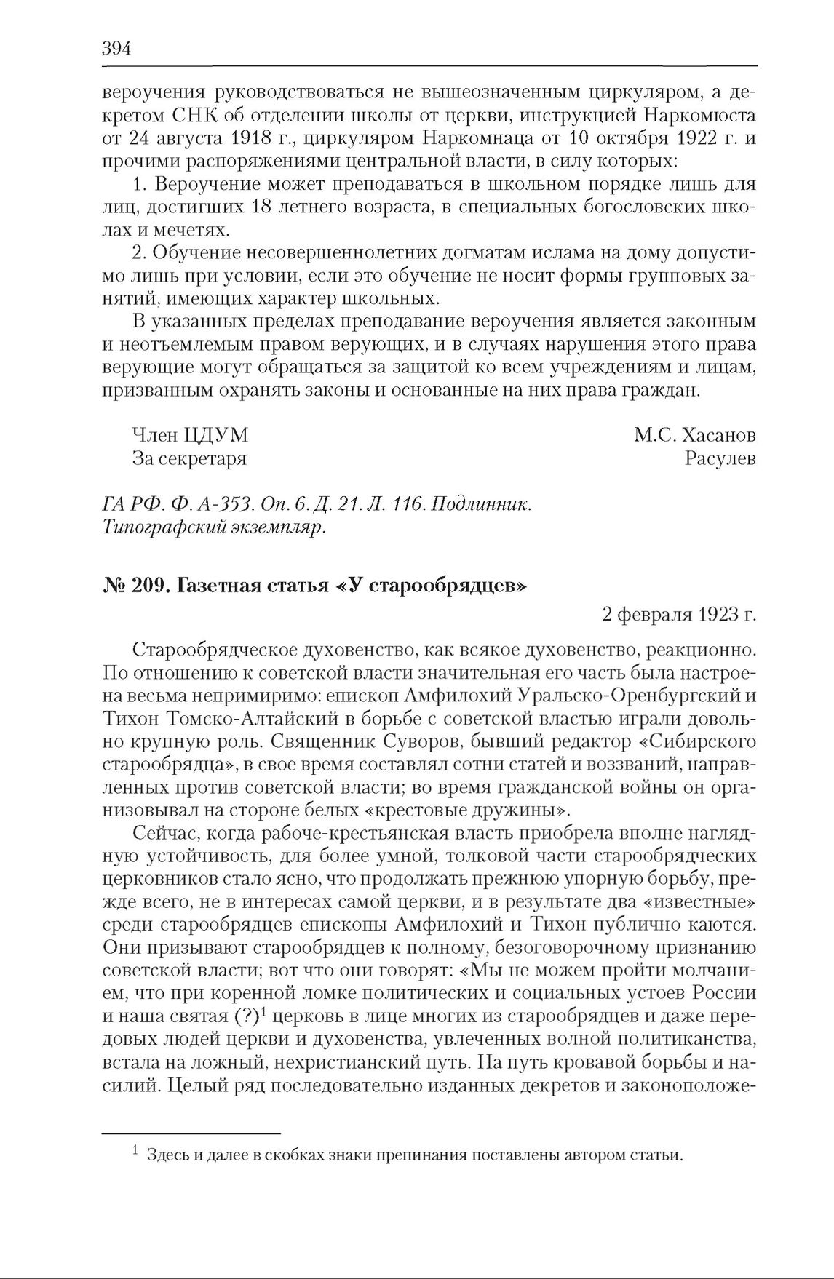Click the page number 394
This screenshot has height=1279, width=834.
(x=116, y=49)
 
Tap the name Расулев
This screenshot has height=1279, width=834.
(x=720, y=458)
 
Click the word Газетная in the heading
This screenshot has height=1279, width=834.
(x=220, y=586)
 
